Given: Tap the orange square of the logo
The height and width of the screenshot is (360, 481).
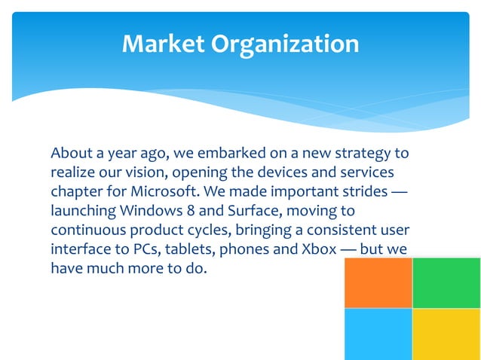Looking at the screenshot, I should [378, 282].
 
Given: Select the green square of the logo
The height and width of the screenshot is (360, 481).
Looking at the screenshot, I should [446, 282].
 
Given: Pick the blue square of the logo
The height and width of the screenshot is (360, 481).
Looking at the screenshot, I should [378, 334].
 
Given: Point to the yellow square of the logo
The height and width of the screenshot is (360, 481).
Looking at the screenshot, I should [446, 334].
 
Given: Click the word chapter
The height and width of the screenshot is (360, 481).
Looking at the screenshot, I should [77, 191].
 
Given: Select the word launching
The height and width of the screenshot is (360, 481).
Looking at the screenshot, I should [81, 211].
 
